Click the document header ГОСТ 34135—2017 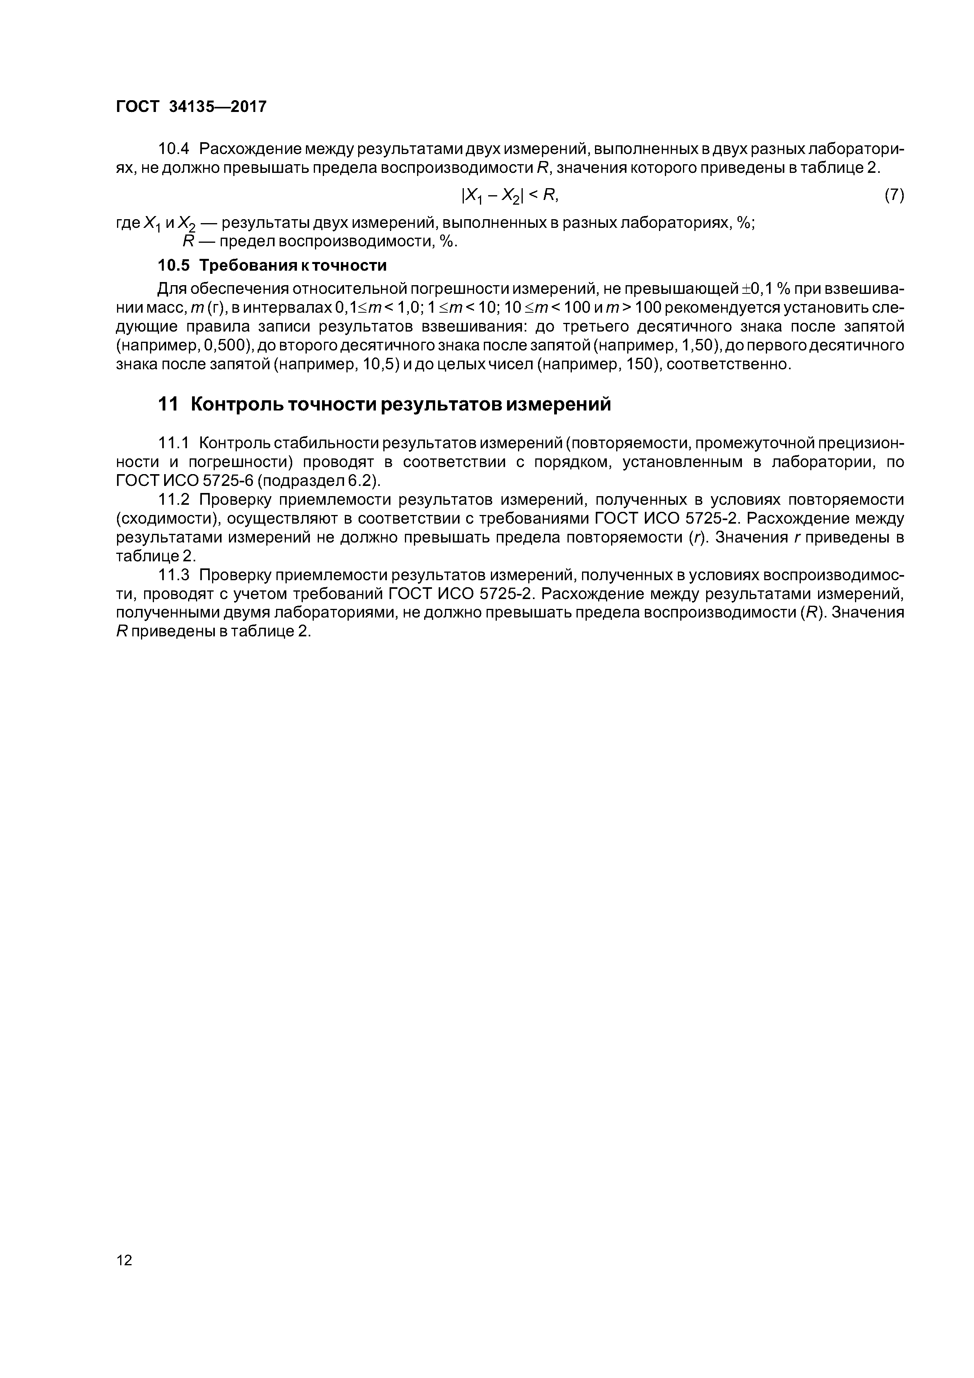(x=190, y=107)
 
